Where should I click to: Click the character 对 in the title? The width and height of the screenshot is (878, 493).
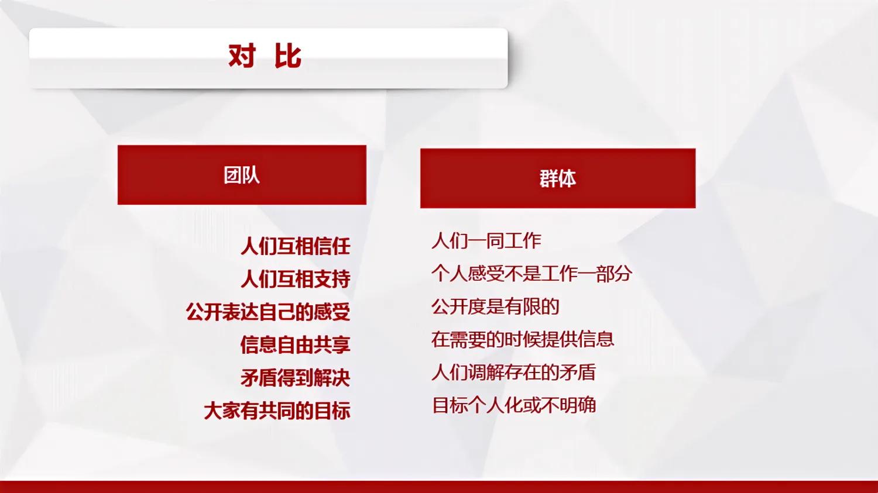(242, 56)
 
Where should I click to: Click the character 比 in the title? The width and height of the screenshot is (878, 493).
(288, 56)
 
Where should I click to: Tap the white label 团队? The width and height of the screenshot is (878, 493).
(242, 175)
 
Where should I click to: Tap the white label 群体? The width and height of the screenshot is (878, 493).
(557, 178)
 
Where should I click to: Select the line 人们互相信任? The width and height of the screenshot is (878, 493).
(296, 246)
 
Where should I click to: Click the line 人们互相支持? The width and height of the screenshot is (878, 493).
(296, 279)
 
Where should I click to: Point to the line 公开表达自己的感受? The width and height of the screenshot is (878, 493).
(268, 312)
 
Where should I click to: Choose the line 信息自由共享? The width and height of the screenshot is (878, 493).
(296, 345)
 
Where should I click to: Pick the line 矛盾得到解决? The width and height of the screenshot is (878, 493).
(296, 378)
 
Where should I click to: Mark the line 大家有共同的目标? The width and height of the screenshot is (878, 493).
(277, 411)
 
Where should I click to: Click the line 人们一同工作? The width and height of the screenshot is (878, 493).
(486, 240)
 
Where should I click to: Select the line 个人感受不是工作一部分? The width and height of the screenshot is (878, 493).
(531, 273)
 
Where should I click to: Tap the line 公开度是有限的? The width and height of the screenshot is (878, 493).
(495, 306)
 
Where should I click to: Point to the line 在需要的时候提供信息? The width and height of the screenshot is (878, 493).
(523, 339)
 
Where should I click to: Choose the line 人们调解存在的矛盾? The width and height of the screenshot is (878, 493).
(513, 372)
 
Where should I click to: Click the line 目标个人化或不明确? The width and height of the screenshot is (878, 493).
(514, 405)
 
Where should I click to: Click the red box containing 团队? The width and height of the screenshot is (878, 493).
(176, 175)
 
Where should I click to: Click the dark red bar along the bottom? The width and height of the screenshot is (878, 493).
(439, 487)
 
